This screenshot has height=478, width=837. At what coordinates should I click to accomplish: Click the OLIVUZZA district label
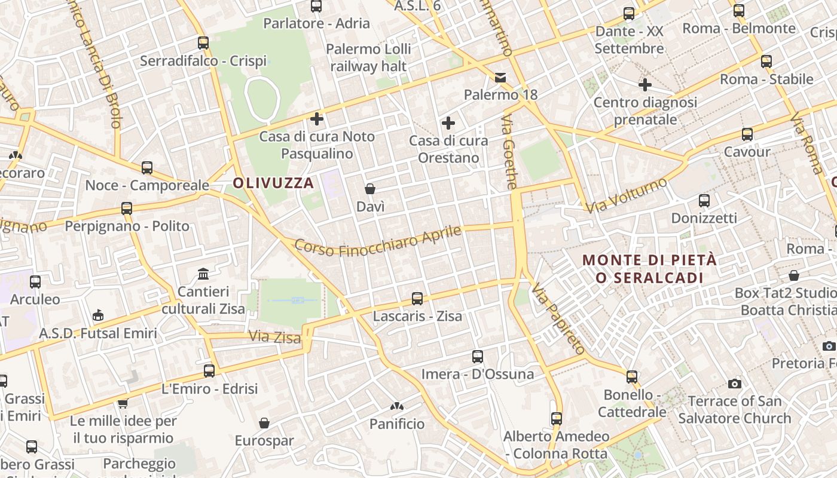point(273,183)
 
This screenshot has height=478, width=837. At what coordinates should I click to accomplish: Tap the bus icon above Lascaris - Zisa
point(417,298)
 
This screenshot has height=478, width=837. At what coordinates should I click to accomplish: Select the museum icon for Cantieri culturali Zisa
point(203,274)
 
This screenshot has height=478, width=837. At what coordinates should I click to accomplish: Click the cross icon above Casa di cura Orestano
point(448,123)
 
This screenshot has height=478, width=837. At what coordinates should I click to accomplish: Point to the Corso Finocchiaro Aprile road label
point(378,241)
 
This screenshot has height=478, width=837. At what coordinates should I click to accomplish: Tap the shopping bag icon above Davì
point(370,189)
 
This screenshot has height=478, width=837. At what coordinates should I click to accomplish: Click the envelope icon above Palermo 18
point(500,77)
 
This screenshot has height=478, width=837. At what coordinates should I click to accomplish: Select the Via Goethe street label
point(509,152)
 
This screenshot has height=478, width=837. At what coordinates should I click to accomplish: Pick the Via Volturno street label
point(626,195)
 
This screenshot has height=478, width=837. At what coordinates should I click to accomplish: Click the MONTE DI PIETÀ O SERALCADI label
point(649,269)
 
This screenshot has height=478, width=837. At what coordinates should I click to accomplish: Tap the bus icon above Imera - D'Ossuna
point(477,357)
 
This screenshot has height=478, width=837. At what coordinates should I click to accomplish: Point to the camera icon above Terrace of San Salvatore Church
point(735,384)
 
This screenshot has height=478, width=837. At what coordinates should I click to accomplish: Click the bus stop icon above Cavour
point(747,134)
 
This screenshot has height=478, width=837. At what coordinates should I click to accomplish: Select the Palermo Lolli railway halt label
point(368,57)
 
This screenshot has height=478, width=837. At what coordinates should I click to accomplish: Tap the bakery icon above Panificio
point(396,406)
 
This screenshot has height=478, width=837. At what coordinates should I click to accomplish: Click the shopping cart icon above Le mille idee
point(123,403)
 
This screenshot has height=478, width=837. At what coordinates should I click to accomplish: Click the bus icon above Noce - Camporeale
point(147,168)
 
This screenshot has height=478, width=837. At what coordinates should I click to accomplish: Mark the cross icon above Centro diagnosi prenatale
point(644,85)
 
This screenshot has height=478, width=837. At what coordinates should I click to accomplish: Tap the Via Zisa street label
point(274,337)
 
